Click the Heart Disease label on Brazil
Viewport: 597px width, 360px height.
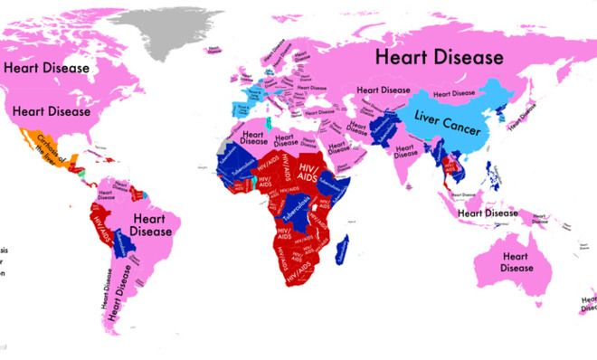click(x=151, y=225)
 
